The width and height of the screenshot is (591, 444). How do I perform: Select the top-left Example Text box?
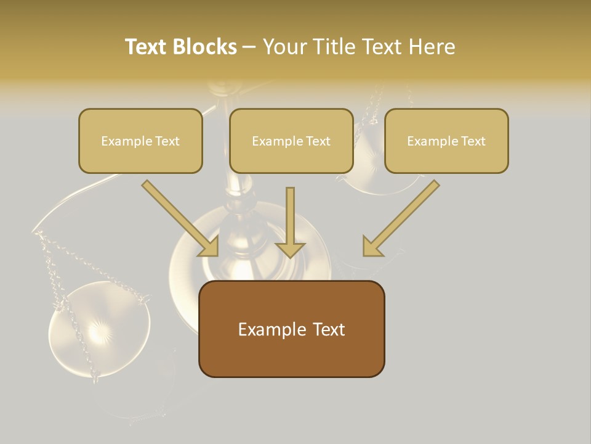tap(140, 141)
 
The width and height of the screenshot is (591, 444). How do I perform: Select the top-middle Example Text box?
tap(291, 141)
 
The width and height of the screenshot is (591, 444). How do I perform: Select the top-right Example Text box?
tap(446, 141)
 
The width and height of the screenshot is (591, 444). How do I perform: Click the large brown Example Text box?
tap(291, 329)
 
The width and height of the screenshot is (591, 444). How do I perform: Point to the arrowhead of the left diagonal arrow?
tap(209, 247)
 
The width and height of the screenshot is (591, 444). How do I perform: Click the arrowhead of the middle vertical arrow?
tap(290, 249)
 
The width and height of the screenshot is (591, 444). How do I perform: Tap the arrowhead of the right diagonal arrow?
tap(372, 247)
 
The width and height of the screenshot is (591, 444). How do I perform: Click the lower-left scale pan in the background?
tap(99, 330)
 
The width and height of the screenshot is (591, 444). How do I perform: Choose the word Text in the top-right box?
tap(473, 141)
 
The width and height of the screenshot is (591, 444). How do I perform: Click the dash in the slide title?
tap(249, 47)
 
